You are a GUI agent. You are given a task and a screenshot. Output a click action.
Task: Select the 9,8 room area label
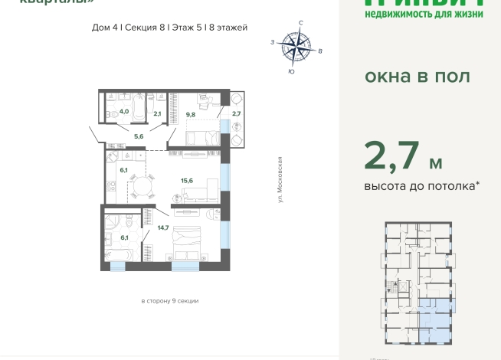191,114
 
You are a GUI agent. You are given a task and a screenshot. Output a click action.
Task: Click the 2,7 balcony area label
236,114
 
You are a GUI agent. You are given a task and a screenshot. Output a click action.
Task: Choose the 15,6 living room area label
186,181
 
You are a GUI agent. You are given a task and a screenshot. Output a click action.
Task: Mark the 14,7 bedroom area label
162,227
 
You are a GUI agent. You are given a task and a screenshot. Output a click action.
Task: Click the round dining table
140,185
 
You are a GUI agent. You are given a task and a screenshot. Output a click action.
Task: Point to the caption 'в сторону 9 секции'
169,301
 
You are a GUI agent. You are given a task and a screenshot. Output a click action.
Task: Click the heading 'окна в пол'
417,77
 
